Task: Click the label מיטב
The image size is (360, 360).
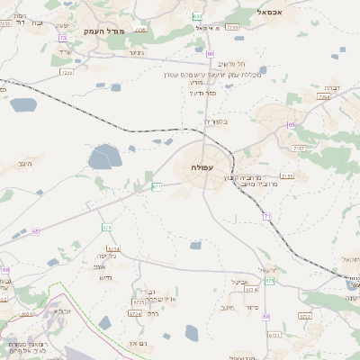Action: pyautogui.click(x=227, y=307)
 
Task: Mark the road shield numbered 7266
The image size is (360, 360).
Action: pyautogui.click(x=233, y=28)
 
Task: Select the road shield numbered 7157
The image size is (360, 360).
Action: pyautogui.click(x=299, y=148)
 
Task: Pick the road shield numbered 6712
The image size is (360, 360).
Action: pyautogui.click(x=304, y=316)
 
